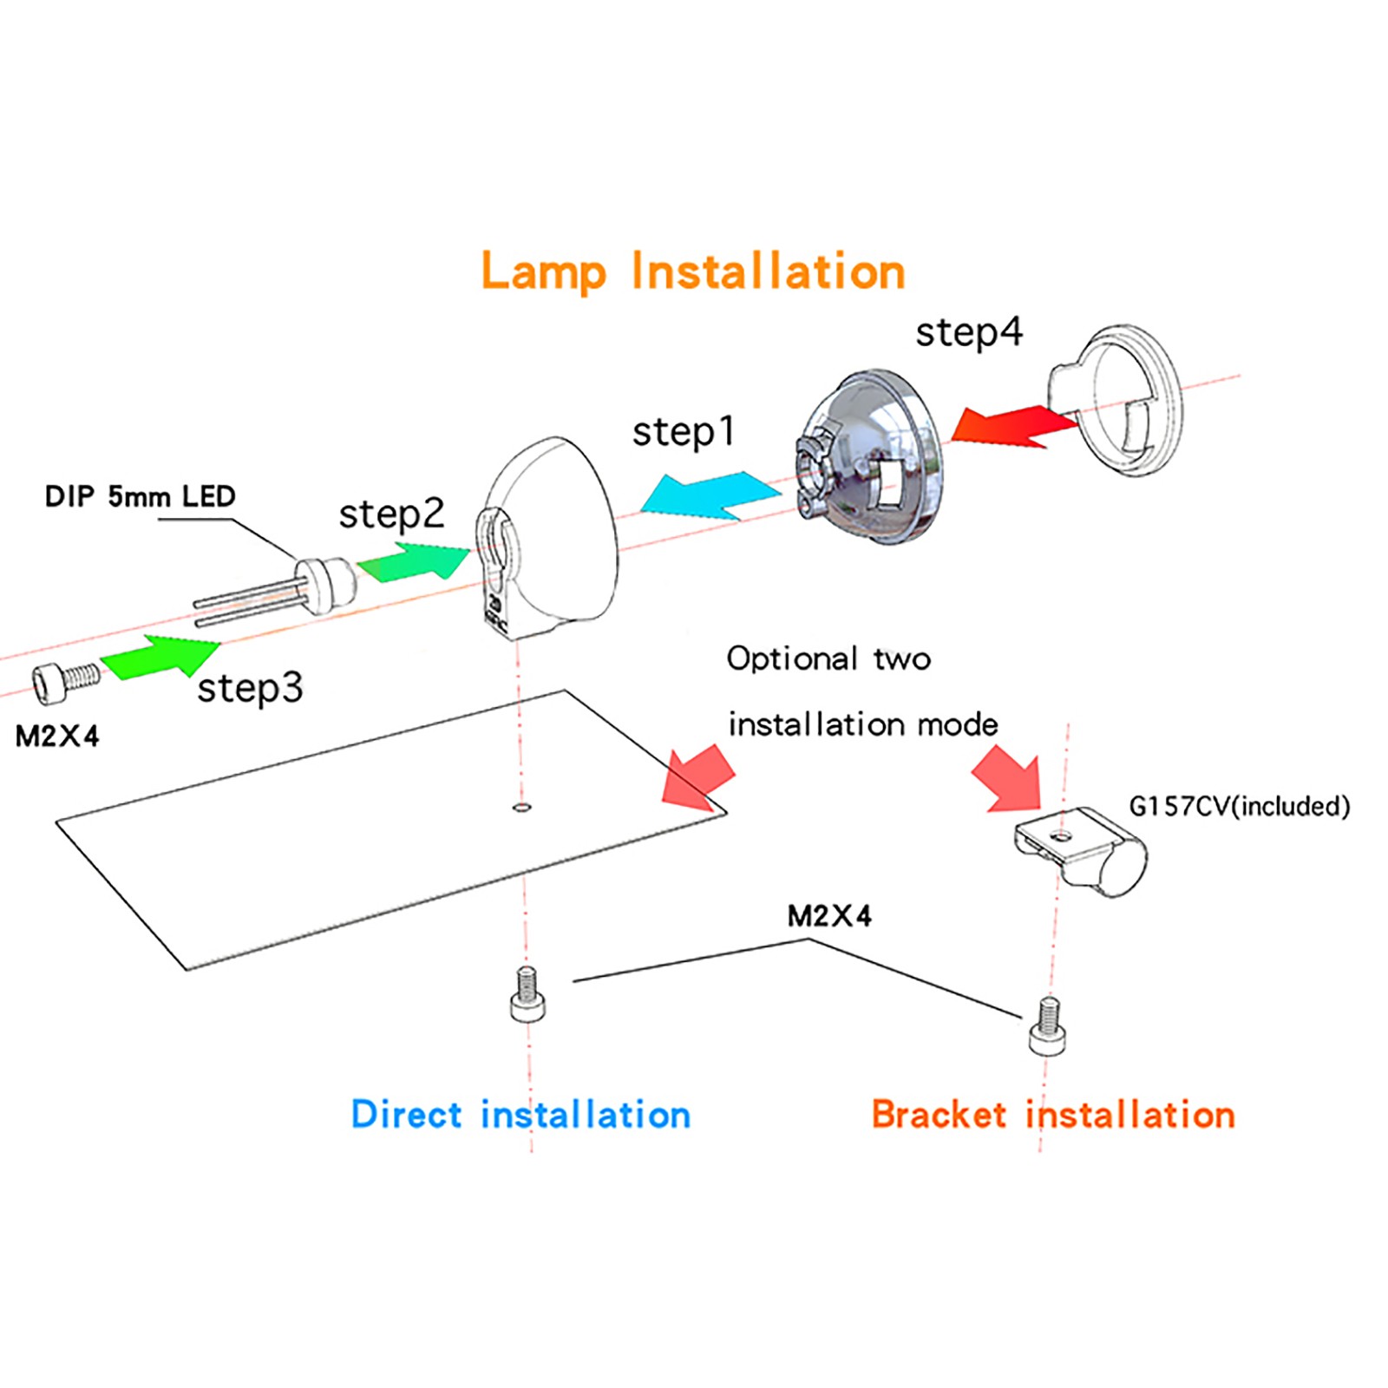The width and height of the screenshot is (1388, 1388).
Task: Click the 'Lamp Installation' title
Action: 693,272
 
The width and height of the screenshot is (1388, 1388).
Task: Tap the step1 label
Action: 684,431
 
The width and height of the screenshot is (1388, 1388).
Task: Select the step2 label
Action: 391,514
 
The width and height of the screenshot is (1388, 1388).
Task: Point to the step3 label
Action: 250,688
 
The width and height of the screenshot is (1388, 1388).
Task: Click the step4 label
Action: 969,332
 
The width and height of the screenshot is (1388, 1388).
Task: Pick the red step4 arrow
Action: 1015,426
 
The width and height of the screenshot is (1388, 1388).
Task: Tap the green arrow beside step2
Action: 414,560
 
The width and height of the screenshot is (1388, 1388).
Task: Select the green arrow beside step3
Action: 161,657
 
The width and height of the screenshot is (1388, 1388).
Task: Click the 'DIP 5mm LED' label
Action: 140,496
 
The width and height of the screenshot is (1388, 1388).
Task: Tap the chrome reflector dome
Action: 868,458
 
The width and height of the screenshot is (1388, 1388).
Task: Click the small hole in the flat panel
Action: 521,808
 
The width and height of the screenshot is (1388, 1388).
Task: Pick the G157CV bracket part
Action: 1081,851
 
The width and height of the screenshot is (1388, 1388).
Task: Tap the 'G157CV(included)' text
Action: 1240,806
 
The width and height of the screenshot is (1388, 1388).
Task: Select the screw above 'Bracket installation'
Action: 1048,1026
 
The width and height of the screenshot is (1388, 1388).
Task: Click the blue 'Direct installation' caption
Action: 520,1115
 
